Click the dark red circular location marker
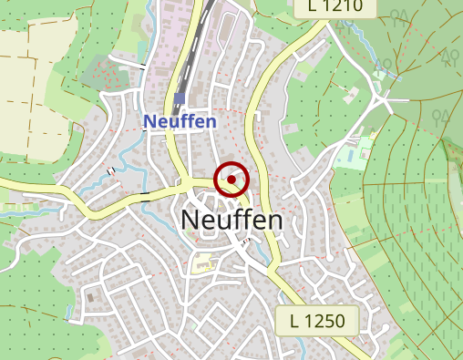point(231,180)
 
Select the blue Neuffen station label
point(180,121)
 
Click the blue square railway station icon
point(180,98)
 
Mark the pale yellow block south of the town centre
point(201,263)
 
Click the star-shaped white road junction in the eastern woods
point(390,97)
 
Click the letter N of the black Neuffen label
point(191,221)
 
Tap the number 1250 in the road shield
point(324,320)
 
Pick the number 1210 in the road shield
point(343,7)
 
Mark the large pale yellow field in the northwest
point(32,64)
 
